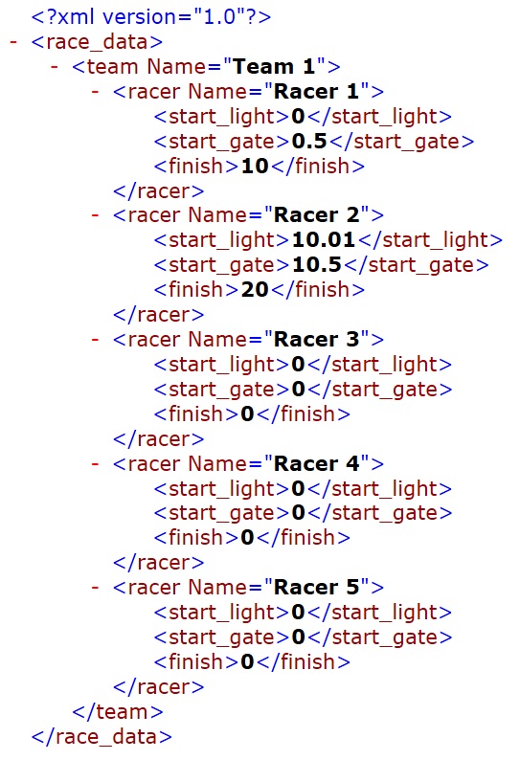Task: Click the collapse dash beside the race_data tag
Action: (13, 42)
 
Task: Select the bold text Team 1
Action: (274, 67)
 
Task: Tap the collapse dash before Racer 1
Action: (95, 92)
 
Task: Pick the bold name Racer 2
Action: (316, 215)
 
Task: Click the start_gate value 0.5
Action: (309, 142)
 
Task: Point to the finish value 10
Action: (255, 167)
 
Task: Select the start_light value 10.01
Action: (324, 240)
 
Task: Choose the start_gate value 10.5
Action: (317, 264)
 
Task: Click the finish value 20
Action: (255, 290)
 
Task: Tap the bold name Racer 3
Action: (316, 339)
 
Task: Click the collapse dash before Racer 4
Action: (95, 464)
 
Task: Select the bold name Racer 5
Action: (316, 588)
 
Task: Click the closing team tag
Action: (118, 712)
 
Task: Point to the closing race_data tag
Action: (102, 737)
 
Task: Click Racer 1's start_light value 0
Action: (299, 117)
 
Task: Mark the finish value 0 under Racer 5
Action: (247, 662)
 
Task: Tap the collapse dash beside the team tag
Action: (55, 67)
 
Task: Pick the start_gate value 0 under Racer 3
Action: (299, 390)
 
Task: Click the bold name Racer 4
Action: (316, 464)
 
